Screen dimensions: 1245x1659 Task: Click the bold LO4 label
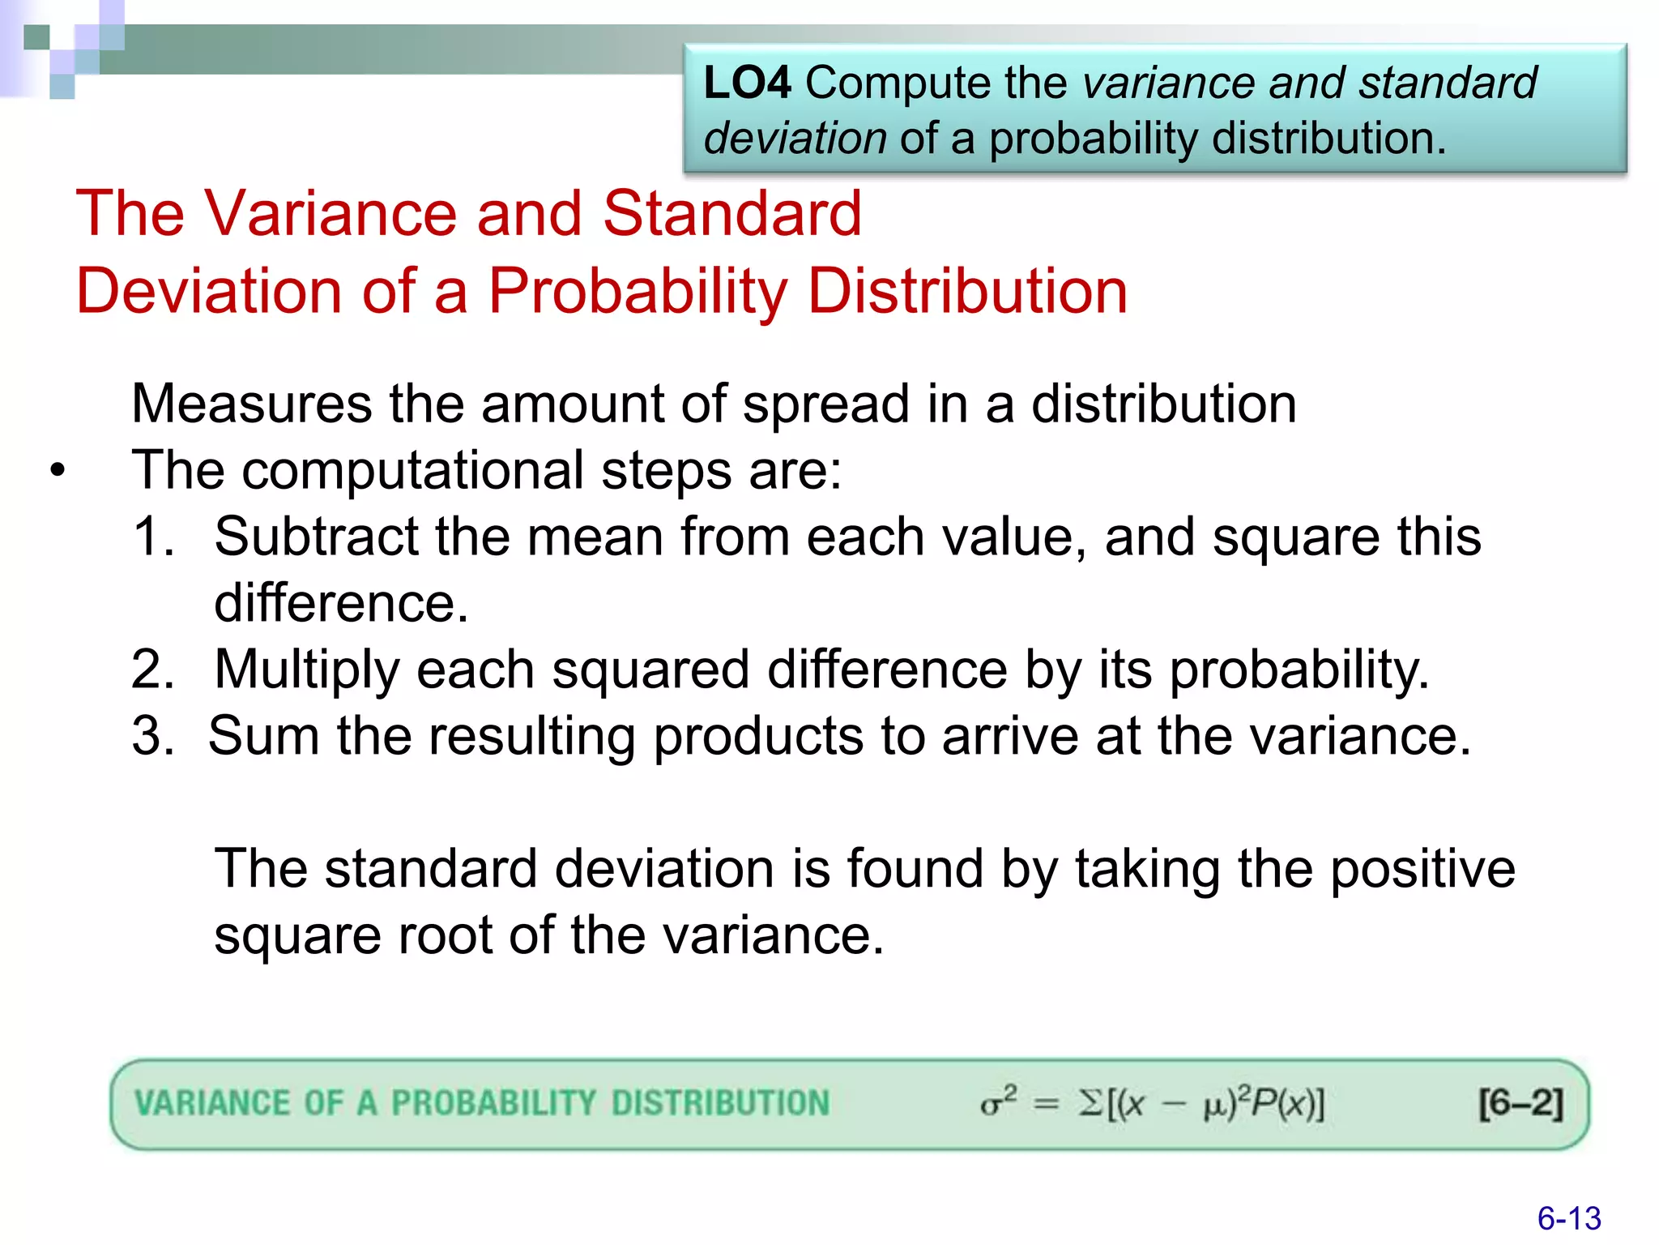coord(746,83)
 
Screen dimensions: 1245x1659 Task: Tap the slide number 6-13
coord(1568,1218)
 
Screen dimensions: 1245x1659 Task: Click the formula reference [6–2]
coord(1520,1103)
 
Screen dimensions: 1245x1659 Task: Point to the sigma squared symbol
coord(997,1102)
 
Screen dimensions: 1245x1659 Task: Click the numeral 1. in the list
coord(153,537)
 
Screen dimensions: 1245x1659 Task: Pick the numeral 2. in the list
coord(153,670)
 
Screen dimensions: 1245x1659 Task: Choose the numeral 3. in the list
coord(153,736)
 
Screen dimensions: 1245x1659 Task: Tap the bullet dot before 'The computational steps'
coord(57,471)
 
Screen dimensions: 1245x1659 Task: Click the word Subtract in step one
coord(316,537)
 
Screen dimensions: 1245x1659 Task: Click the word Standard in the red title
coord(731,213)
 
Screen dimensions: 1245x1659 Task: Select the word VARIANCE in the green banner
coord(211,1103)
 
